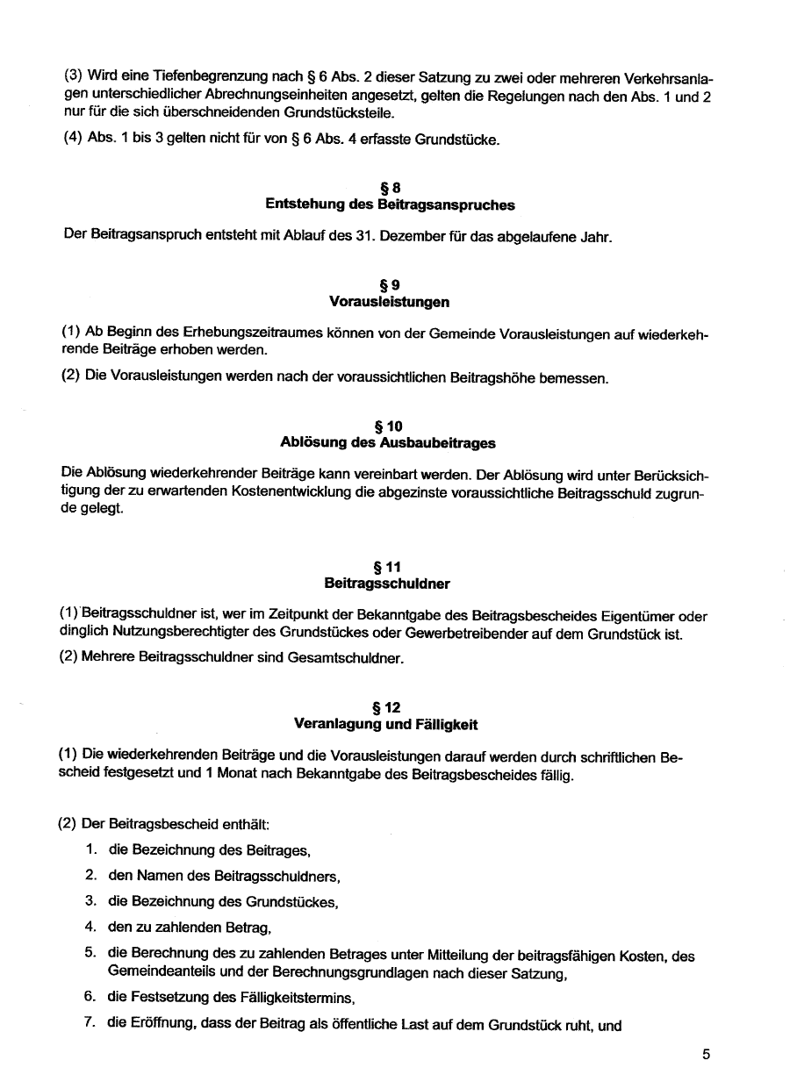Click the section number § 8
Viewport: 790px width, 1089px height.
coord(390,187)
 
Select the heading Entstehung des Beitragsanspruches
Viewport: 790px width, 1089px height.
coord(390,204)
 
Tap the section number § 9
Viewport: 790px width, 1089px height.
coord(390,284)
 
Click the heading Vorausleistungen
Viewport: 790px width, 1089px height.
coord(390,302)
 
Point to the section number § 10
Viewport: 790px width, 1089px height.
coord(390,426)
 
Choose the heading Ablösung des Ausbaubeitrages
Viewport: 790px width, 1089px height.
coord(390,443)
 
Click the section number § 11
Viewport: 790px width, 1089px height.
coord(390,567)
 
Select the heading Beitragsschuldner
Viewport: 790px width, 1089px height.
coord(390,584)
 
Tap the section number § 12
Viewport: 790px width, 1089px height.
coord(390,707)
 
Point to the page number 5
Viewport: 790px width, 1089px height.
coord(706,1056)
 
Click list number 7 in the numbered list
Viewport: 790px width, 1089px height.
coord(90,1024)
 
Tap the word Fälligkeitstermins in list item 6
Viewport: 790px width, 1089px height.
coord(268,999)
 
